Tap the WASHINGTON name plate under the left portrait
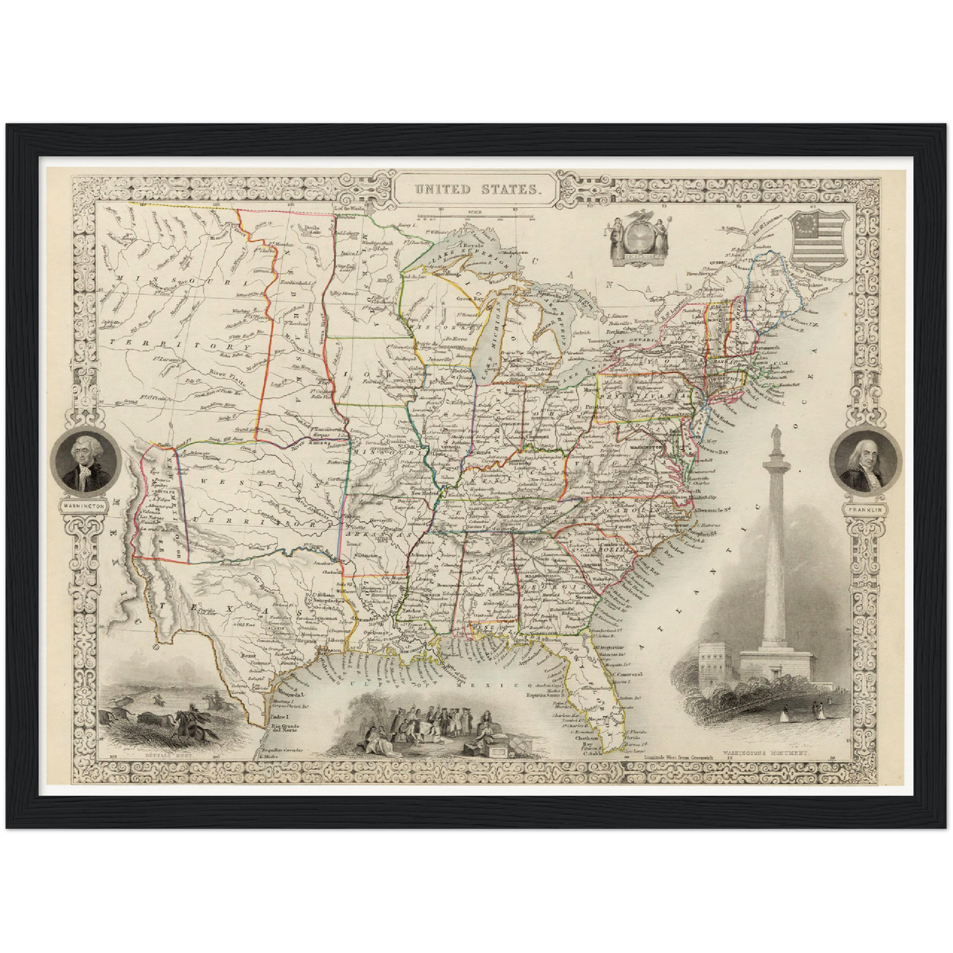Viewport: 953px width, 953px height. click(84, 505)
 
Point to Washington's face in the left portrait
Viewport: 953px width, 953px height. click(84, 454)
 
